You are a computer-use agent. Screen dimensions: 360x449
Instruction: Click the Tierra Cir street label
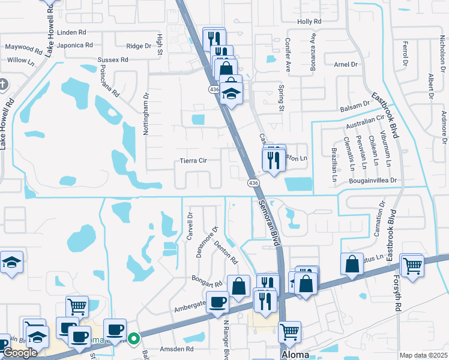193,161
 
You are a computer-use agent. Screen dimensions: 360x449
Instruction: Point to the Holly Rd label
310,22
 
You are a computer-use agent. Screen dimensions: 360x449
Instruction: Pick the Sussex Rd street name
113,60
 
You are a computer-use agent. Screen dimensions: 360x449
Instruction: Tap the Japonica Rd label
76,45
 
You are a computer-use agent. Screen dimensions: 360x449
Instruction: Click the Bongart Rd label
206,280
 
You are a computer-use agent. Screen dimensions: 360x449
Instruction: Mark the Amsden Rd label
176,349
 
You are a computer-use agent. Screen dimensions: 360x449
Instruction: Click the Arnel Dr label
345,64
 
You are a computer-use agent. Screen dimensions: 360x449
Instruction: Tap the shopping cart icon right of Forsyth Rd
412,265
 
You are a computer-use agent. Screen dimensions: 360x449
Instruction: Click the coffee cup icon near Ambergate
217,301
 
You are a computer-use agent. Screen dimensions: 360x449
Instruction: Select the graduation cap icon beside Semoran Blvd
231,94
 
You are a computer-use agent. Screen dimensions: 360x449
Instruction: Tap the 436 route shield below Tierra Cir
254,182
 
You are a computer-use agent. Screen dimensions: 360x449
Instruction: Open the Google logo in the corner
20,353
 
